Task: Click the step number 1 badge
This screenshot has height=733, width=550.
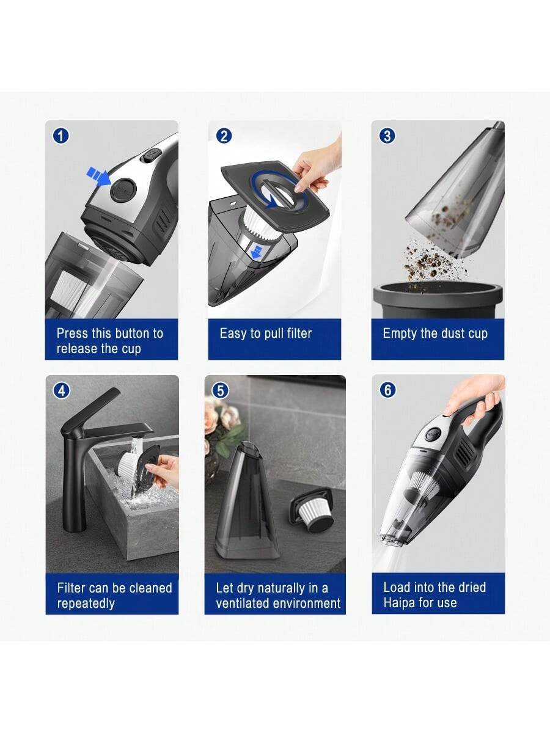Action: [x=61, y=136]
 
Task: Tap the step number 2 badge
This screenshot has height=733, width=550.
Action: [x=224, y=136]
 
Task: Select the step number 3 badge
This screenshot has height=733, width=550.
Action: [x=387, y=136]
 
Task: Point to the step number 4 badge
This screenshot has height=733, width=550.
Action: [x=62, y=390]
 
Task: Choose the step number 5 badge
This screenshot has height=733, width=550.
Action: [x=221, y=391]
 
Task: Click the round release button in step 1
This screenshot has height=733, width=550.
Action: [x=123, y=191]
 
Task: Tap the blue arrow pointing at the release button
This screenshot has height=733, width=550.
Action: [x=98, y=177]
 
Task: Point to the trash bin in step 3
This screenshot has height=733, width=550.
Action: [x=438, y=300]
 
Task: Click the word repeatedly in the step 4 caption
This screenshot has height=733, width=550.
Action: [x=86, y=604]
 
